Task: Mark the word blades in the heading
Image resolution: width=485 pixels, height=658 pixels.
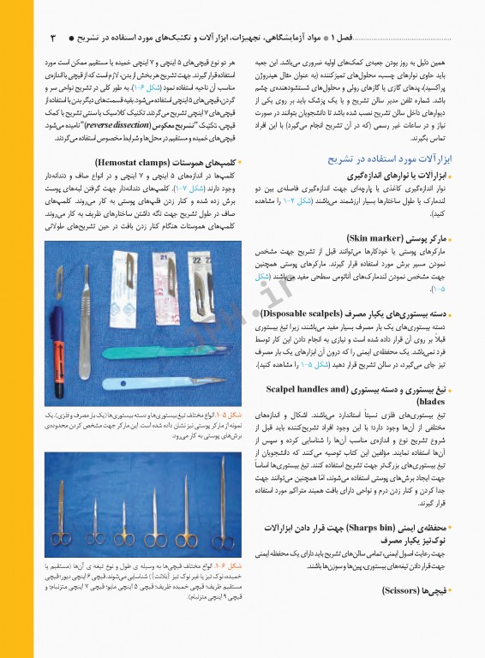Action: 429,401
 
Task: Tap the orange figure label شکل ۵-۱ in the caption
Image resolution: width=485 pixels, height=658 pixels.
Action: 228,415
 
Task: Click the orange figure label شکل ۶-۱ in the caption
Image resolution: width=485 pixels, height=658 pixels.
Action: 228,566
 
